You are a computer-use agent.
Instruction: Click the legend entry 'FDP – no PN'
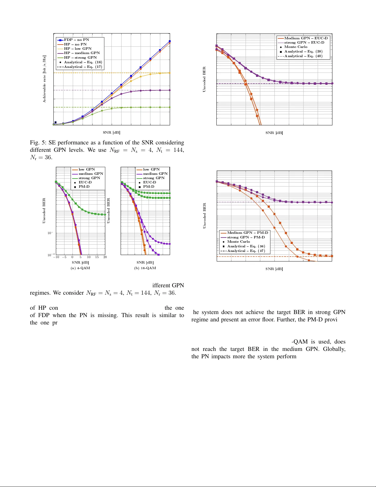[x=76, y=40]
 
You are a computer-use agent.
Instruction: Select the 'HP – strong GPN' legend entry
[x=80, y=57]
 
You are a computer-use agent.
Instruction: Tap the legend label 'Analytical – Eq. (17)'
[x=83, y=67]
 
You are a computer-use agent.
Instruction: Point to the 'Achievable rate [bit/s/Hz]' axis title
[x=44, y=79]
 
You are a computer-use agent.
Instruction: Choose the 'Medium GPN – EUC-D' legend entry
[x=306, y=38]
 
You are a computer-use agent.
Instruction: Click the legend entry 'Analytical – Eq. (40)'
[x=303, y=56]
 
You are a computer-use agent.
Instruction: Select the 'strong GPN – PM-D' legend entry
[x=246, y=237]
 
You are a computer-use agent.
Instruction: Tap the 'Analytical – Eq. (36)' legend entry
[x=246, y=246]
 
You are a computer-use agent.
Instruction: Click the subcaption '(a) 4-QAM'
[x=80, y=268]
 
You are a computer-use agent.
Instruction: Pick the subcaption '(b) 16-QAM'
[x=145, y=268]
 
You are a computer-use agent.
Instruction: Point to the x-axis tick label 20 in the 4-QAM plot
[x=105, y=257]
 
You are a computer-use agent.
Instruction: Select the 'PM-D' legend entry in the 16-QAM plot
[x=149, y=187]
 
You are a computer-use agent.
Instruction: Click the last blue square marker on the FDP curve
[x=170, y=41]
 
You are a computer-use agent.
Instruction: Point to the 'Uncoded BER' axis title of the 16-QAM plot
[x=108, y=210]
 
